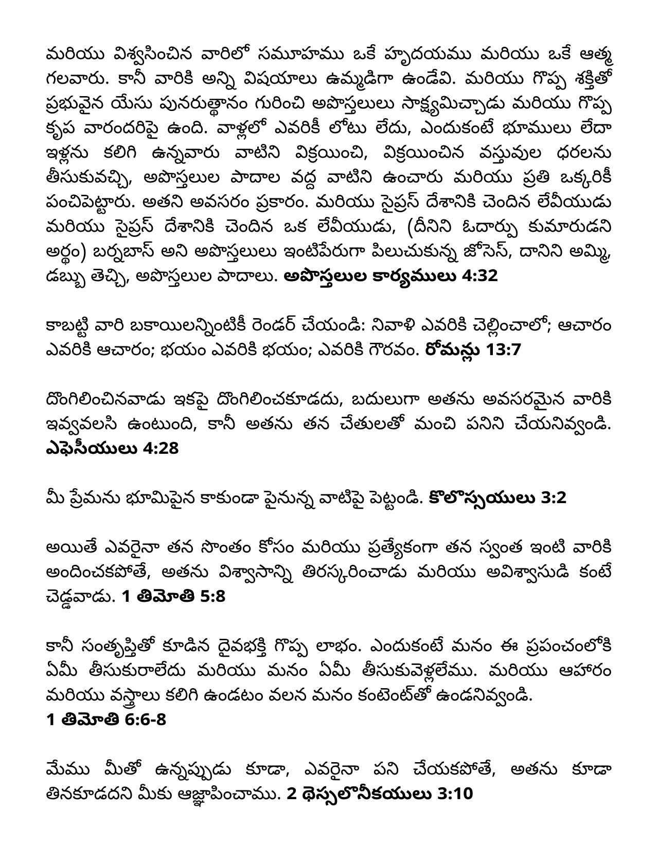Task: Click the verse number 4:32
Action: pos(480,276)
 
